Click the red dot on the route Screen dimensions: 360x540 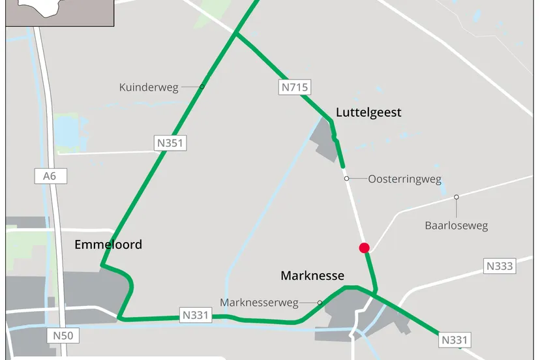point(365,247)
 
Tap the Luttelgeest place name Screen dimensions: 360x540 point(368,113)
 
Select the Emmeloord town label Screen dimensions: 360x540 point(108,245)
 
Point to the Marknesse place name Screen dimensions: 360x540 point(312,275)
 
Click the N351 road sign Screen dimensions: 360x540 point(170,143)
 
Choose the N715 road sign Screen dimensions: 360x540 point(295,86)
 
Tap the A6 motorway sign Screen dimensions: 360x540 point(50,175)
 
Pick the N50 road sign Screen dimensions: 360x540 point(63,335)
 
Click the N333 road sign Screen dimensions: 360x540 point(500,266)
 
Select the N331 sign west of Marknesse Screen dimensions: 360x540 point(196,316)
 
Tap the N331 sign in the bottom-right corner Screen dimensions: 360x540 point(455,340)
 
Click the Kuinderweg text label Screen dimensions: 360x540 point(149,87)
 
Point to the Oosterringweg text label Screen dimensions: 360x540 point(404,179)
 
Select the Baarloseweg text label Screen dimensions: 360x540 point(457,226)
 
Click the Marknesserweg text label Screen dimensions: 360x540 point(259,303)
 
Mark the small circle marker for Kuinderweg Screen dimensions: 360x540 point(202,87)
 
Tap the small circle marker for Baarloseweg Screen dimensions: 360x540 point(457,197)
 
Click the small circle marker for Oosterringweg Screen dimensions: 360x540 point(347,178)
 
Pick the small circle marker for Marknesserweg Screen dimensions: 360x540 point(320,303)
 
